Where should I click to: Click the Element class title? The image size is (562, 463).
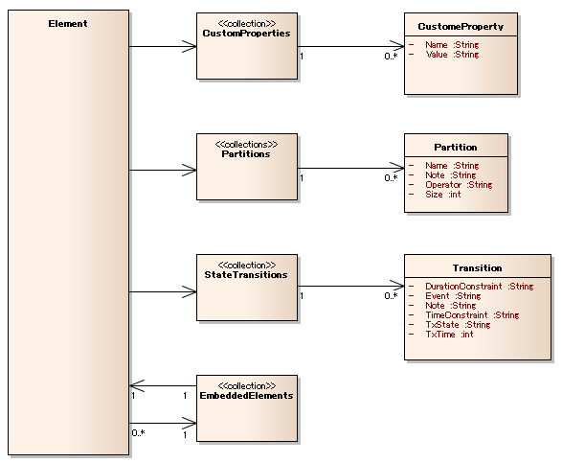(x=68, y=24)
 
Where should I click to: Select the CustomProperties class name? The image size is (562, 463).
(x=247, y=34)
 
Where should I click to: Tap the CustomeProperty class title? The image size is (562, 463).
(x=461, y=27)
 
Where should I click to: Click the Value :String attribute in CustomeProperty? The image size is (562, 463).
(x=452, y=55)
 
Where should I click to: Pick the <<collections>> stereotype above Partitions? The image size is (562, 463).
(x=247, y=145)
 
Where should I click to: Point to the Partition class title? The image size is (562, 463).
(x=456, y=148)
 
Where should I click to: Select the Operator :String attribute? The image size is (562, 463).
(x=459, y=185)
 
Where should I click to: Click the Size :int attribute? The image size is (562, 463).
(x=443, y=195)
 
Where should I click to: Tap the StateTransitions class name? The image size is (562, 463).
(x=246, y=275)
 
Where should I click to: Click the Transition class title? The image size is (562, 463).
(x=478, y=268)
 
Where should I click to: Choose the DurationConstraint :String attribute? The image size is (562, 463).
(x=480, y=287)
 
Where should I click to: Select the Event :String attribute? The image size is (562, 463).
(x=453, y=296)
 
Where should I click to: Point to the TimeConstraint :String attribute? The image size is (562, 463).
(x=472, y=315)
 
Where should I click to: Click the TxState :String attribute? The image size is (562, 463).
(x=458, y=325)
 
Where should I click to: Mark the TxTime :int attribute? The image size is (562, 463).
(x=449, y=335)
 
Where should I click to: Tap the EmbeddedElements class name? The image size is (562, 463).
(x=247, y=396)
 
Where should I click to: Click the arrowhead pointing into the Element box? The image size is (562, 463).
(x=137, y=385)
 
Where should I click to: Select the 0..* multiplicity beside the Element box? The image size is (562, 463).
(x=139, y=433)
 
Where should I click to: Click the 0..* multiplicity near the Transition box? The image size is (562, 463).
(x=391, y=296)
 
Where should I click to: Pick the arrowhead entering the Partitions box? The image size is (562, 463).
(x=190, y=170)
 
